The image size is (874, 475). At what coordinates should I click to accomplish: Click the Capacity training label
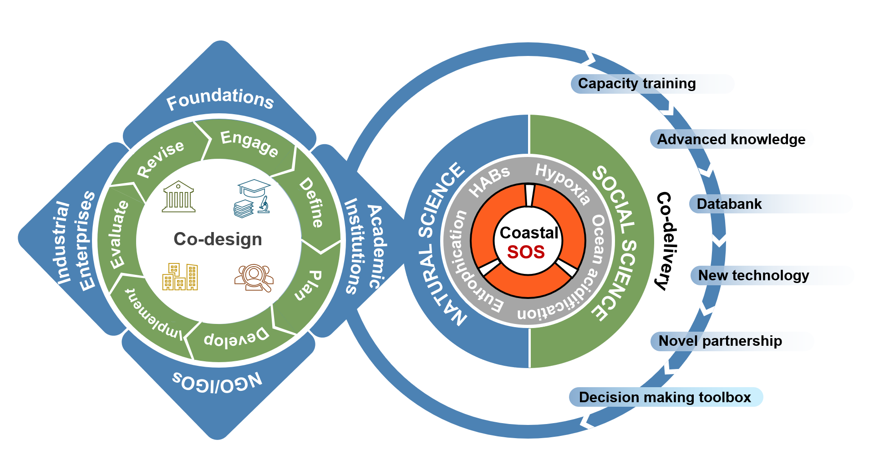coord(636,84)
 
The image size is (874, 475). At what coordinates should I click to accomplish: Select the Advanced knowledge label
coord(731,139)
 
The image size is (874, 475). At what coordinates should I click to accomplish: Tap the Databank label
coord(729,204)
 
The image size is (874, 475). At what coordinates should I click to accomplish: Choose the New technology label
coord(753,275)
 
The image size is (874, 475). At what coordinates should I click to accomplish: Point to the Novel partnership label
coord(720,341)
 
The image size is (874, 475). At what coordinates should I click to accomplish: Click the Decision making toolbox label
coord(665,397)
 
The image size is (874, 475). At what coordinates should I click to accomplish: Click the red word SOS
coord(526,252)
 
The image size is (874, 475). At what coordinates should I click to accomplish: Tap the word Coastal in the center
coord(528,232)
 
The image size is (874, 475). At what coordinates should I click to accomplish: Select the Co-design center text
coord(218,239)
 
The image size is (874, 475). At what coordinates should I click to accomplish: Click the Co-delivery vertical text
coord(665,241)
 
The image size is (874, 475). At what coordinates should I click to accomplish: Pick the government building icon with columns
coord(178,197)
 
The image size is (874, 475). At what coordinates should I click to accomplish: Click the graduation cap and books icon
coord(253,198)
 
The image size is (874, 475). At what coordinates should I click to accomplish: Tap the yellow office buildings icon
coord(180,277)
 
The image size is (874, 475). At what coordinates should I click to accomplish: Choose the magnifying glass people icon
coord(254,278)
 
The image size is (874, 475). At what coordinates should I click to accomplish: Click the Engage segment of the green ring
coord(249,143)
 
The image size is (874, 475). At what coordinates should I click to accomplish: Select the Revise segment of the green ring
coord(161,158)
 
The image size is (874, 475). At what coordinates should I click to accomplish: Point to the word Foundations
coord(220,98)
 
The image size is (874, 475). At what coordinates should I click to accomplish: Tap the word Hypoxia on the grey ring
coord(563,183)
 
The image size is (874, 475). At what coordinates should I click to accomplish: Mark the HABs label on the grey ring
coord(489,181)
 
